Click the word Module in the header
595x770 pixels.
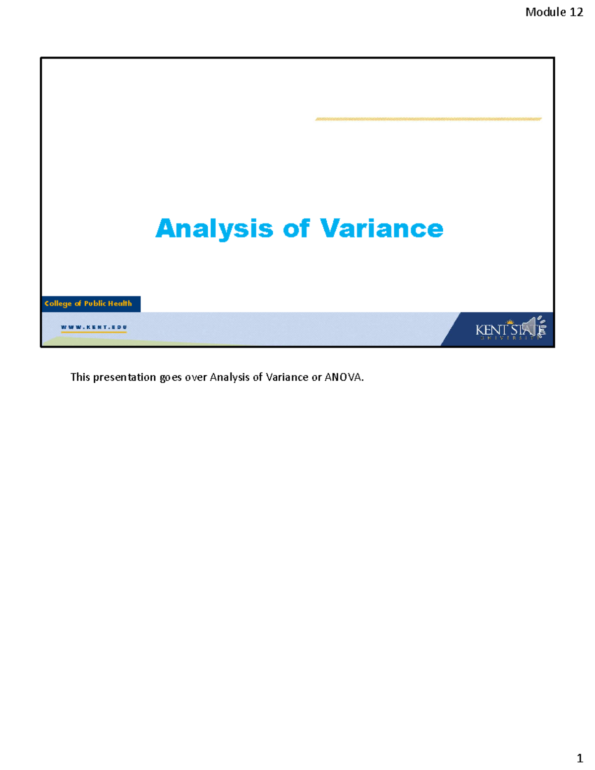(545, 12)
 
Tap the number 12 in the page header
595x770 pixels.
(576, 12)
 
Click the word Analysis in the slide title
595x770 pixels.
(214, 229)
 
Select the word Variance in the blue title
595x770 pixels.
(381, 229)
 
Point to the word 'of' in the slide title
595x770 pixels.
(296, 229)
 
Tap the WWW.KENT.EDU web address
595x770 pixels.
(94, 327)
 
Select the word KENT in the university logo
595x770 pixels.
(491, 330)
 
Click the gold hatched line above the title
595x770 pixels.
(428, 119)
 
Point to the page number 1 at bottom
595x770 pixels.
(580, 758)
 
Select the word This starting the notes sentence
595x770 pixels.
(80, 377)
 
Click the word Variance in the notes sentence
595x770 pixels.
(287, 377)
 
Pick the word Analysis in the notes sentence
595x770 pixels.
(230, 377)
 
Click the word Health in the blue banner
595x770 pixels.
(119, 303)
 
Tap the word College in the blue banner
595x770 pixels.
(58, 303)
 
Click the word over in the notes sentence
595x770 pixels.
(196, 377)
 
